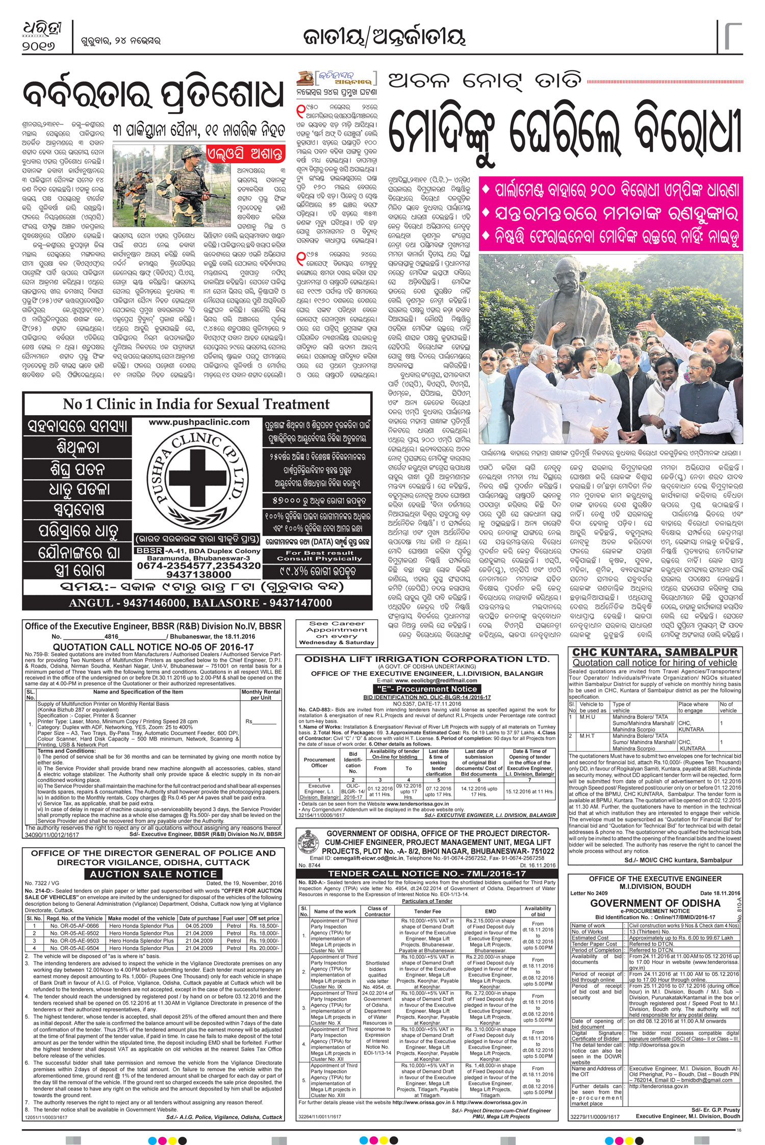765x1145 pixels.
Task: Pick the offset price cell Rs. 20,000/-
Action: [264, 948]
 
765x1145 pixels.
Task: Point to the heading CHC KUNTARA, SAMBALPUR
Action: [655, 652]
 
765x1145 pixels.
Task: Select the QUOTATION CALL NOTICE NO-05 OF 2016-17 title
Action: [152, 647]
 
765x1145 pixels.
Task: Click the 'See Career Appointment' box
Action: [338, 633]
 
